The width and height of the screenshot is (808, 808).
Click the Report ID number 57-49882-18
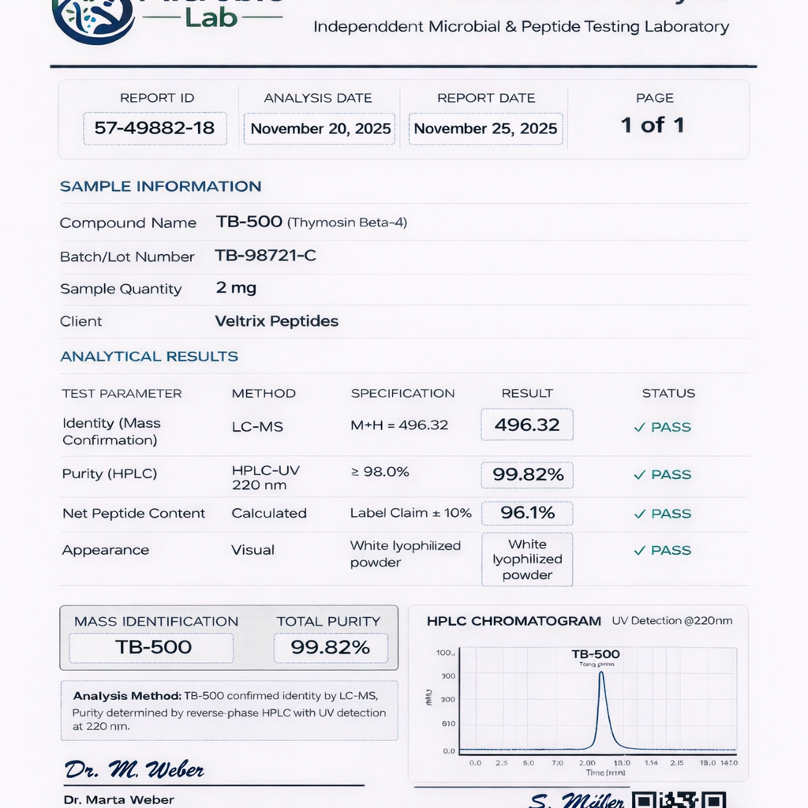coord(155,128)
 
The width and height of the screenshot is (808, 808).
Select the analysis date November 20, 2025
coord(320,129)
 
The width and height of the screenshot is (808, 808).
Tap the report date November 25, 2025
coord(485,129)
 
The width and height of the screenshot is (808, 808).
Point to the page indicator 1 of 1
coord(653,125)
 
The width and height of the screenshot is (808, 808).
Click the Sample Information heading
coord(160,186)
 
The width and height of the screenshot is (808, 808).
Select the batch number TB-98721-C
coord(265,256)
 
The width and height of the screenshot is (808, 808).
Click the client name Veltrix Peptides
coord(276,321)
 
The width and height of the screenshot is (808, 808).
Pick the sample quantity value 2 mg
coord(236,288)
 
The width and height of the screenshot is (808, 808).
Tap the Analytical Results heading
coord(149,356)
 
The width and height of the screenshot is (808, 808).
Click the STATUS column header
coord(668,393)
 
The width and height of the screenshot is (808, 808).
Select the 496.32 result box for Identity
coord(526,425)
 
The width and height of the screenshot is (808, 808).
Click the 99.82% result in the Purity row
coord(527,474)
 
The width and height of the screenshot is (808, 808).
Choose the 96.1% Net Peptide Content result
coord(527,513)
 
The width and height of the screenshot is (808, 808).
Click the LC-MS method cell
coord(257,426)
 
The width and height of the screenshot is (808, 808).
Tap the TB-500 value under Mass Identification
coord(153,648)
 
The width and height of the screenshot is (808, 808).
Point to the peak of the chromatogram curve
coord(601,673)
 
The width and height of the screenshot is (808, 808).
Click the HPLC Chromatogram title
coord(514,621)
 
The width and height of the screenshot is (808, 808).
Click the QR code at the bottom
coord(679,799)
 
